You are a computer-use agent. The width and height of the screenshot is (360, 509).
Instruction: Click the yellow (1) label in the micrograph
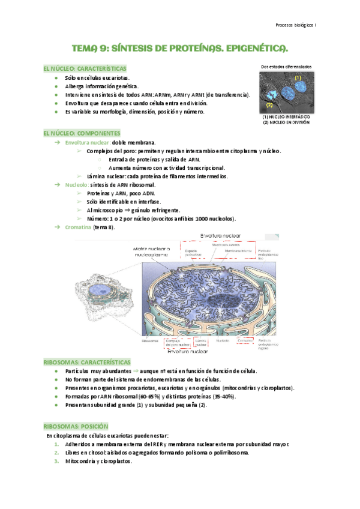297,78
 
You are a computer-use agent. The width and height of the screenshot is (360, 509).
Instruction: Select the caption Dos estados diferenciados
286,66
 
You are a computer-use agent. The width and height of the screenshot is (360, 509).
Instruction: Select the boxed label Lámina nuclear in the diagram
201,342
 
